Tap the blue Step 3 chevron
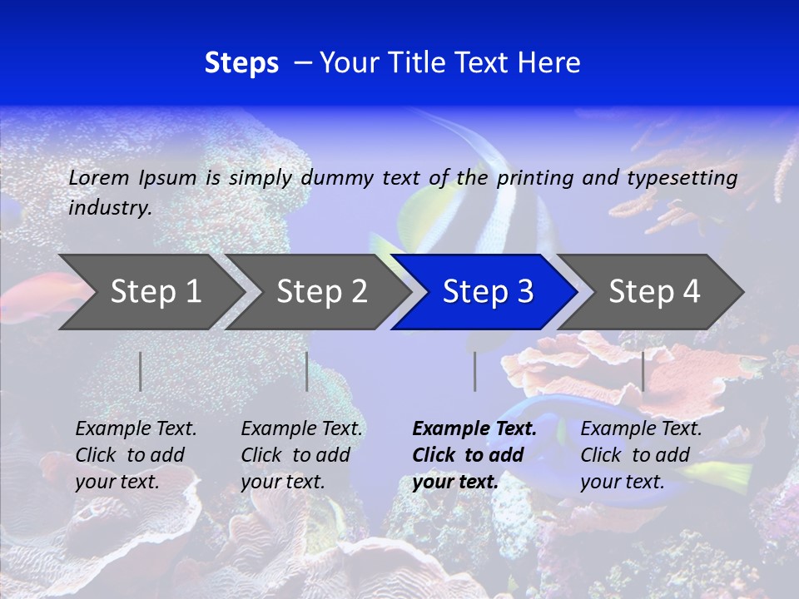488,291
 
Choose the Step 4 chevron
654,291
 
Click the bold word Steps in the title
241,63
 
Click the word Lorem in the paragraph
99,177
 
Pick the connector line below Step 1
141,371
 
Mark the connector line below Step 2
307,371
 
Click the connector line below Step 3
474,371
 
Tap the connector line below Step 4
643,371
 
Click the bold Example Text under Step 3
474,429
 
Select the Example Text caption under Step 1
136,429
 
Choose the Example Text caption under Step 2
301,429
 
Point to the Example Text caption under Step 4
641,429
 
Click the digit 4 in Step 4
691,291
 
